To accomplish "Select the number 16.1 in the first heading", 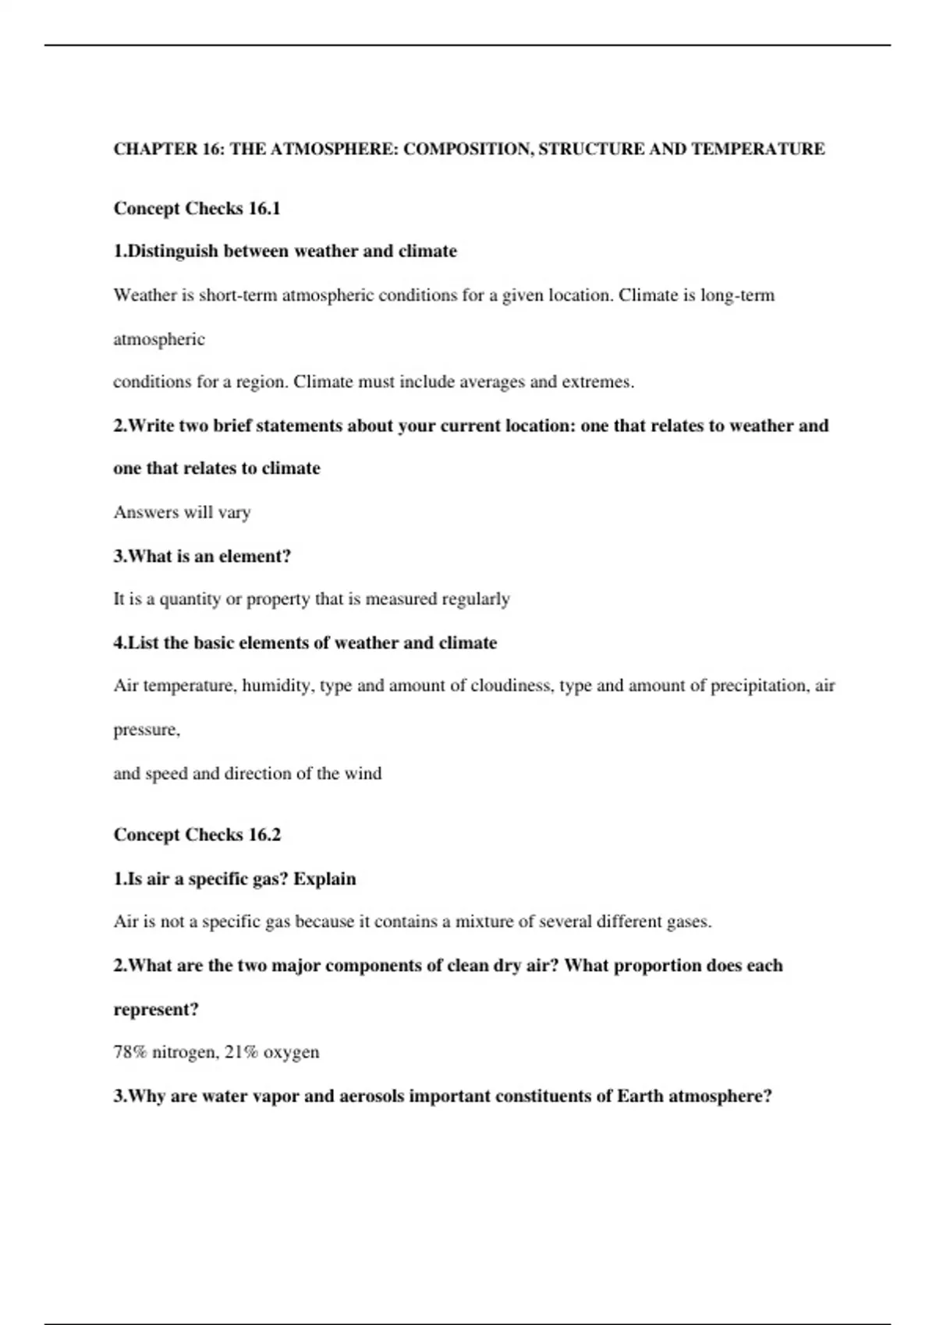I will click(x=264, y=209).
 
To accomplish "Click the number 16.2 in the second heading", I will click(x=264, y=835).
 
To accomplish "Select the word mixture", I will click(x=484, y=922).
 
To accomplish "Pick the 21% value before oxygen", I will click(x=241, y=1052).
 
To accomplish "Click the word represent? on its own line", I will click(x=156, y=1009).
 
